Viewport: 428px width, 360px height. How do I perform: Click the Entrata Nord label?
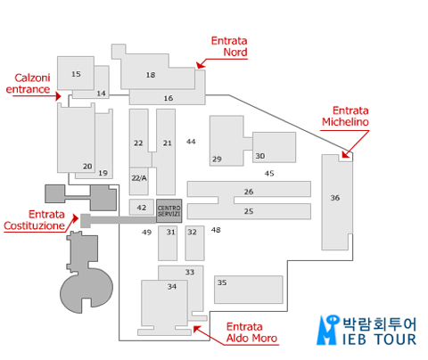[229, 46]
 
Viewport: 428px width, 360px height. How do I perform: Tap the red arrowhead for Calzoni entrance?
[58, 96]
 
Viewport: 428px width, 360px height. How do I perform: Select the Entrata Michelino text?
[345, 116]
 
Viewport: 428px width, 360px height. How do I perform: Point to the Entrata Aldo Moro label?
[251, 332]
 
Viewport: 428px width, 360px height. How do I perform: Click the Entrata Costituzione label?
[34, 220]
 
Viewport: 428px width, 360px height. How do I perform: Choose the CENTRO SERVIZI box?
[169, 210]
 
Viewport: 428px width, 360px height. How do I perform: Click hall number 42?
[142, 207]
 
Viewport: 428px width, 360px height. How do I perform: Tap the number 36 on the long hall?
[335, 198]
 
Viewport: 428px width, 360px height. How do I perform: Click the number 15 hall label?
[76, 74]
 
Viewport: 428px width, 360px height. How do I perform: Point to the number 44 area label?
[191, 142]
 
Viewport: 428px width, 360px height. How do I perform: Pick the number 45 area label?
[269, 173]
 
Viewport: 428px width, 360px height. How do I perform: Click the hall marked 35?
[249, 290]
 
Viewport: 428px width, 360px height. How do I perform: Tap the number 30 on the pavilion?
[260, 156]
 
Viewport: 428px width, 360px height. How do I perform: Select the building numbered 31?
[168, 243]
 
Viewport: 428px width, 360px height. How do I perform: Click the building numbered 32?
[195, 243]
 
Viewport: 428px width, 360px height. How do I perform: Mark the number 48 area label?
[216, 230]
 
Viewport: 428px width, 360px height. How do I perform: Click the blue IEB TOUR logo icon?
[328, 330]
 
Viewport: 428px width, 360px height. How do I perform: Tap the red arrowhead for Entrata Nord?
[201, 64]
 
